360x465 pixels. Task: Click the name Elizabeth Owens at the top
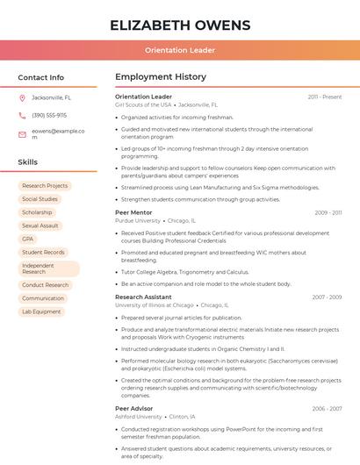click(180, 25)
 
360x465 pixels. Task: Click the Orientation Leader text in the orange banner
click(180, 51)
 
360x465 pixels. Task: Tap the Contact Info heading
click(41, 77)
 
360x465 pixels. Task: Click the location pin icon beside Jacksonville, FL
click(23, 97)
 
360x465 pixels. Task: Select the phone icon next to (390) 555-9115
click(23, 115)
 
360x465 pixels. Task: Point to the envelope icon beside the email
click(23, 134)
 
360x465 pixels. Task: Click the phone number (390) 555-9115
click(49, 115)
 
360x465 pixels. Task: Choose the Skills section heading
click(28, 162)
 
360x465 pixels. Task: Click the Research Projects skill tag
click(45, 186)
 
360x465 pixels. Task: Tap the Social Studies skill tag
click(40, 199)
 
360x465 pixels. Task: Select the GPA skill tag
click(28, 239)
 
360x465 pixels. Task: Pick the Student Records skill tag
click(43, 253)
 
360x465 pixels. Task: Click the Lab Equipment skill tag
click(41, 311)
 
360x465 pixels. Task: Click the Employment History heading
click(161, 77)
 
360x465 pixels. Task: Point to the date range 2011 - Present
click(325, 97)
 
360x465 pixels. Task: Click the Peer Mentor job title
click(133, 212)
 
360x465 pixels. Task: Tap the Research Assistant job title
click(143, 297)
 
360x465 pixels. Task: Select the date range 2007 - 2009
click(327, 297)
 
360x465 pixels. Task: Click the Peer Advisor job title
click(134, 408)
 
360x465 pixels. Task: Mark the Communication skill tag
click(43, 298)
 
